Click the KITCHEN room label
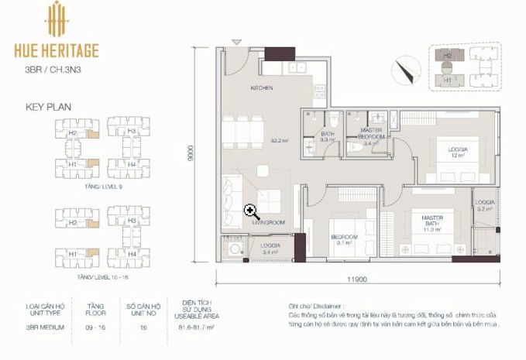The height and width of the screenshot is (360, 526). pos(261,88)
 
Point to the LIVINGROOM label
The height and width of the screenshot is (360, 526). pos(268,222)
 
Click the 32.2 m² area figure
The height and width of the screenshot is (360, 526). pos(279,140)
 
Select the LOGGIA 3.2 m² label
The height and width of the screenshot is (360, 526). pos(485,205)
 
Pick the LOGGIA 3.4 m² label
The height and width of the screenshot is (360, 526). pos(270,248)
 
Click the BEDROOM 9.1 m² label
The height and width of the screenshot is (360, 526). pos(343,239)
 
